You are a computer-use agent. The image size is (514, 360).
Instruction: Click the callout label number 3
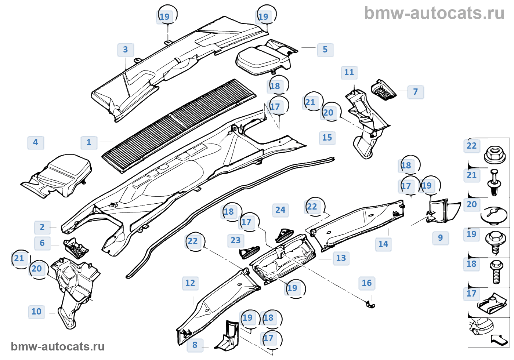pos(126,50)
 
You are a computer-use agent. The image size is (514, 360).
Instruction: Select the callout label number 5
pos(325,50)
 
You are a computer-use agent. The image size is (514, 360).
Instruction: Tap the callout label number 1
pos(89,142)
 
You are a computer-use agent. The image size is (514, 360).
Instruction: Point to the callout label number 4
pos(36,142)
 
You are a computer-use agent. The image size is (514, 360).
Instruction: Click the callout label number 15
pos(327,138)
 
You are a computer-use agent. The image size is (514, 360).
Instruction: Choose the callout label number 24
pos(280,210)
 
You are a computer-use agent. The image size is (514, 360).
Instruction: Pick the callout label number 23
pos(236,240)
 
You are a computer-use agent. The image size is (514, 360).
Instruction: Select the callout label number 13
pos(341,258)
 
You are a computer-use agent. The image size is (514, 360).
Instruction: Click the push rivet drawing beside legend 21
pos(495,182)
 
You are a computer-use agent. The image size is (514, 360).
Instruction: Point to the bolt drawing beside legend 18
pos(496,272)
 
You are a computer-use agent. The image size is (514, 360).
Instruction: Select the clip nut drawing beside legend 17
pos(492,302)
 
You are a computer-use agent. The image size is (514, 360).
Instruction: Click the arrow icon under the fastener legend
pos(500,339)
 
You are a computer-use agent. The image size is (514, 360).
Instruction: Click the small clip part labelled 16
pos(370,304)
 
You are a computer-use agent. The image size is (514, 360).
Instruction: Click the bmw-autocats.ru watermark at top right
pos(434,14)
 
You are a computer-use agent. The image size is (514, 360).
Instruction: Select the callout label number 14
pos(383,244)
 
